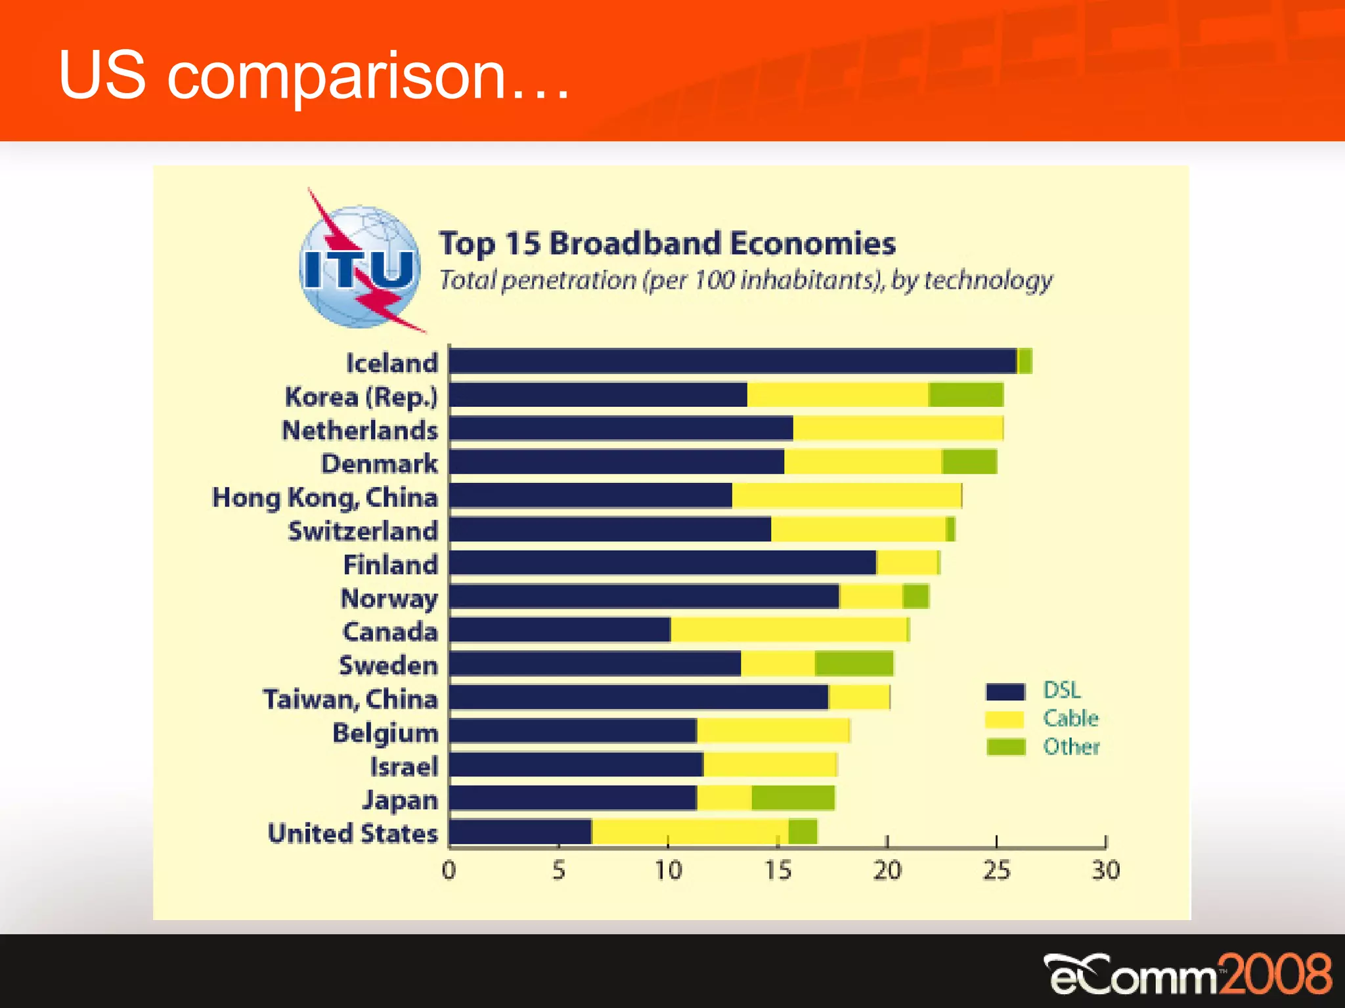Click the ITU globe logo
pyautogui.click(x=360, y=266)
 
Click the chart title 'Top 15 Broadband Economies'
pyautogui.click(x=667, y=243)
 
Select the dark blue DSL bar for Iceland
pyautogui.click(x=732, y=362)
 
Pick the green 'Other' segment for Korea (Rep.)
pyautogui.click(x=966, y=395)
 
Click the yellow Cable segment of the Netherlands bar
pyautogui.click(x=898, y=429)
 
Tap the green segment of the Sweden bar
pyautogui.click(x=854, y=664)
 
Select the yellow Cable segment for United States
pyautogui.click(x=690, y=831)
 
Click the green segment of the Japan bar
pyautogui.click(x=793, y=798)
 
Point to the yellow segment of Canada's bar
pyautogui.click(x=788, y=630)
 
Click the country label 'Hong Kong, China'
pyautogui.click(x=325, y=497)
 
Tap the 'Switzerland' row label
pyautogui.click(x=363, y=531)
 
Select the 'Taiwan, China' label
pyautogui.click(x=350, y=699)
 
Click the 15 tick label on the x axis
pyautogui.click(x=778, y=871)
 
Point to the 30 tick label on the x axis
pyautogui.click(x=1105, y=871)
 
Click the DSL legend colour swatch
pyautogui.click(x=1005, y=692)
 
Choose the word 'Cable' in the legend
pyautogui.click(x=1070, y=719)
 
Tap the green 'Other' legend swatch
pyautogui.click(x=1005, y=747)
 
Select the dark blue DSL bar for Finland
pyautogui.click(x=662, y=563)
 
